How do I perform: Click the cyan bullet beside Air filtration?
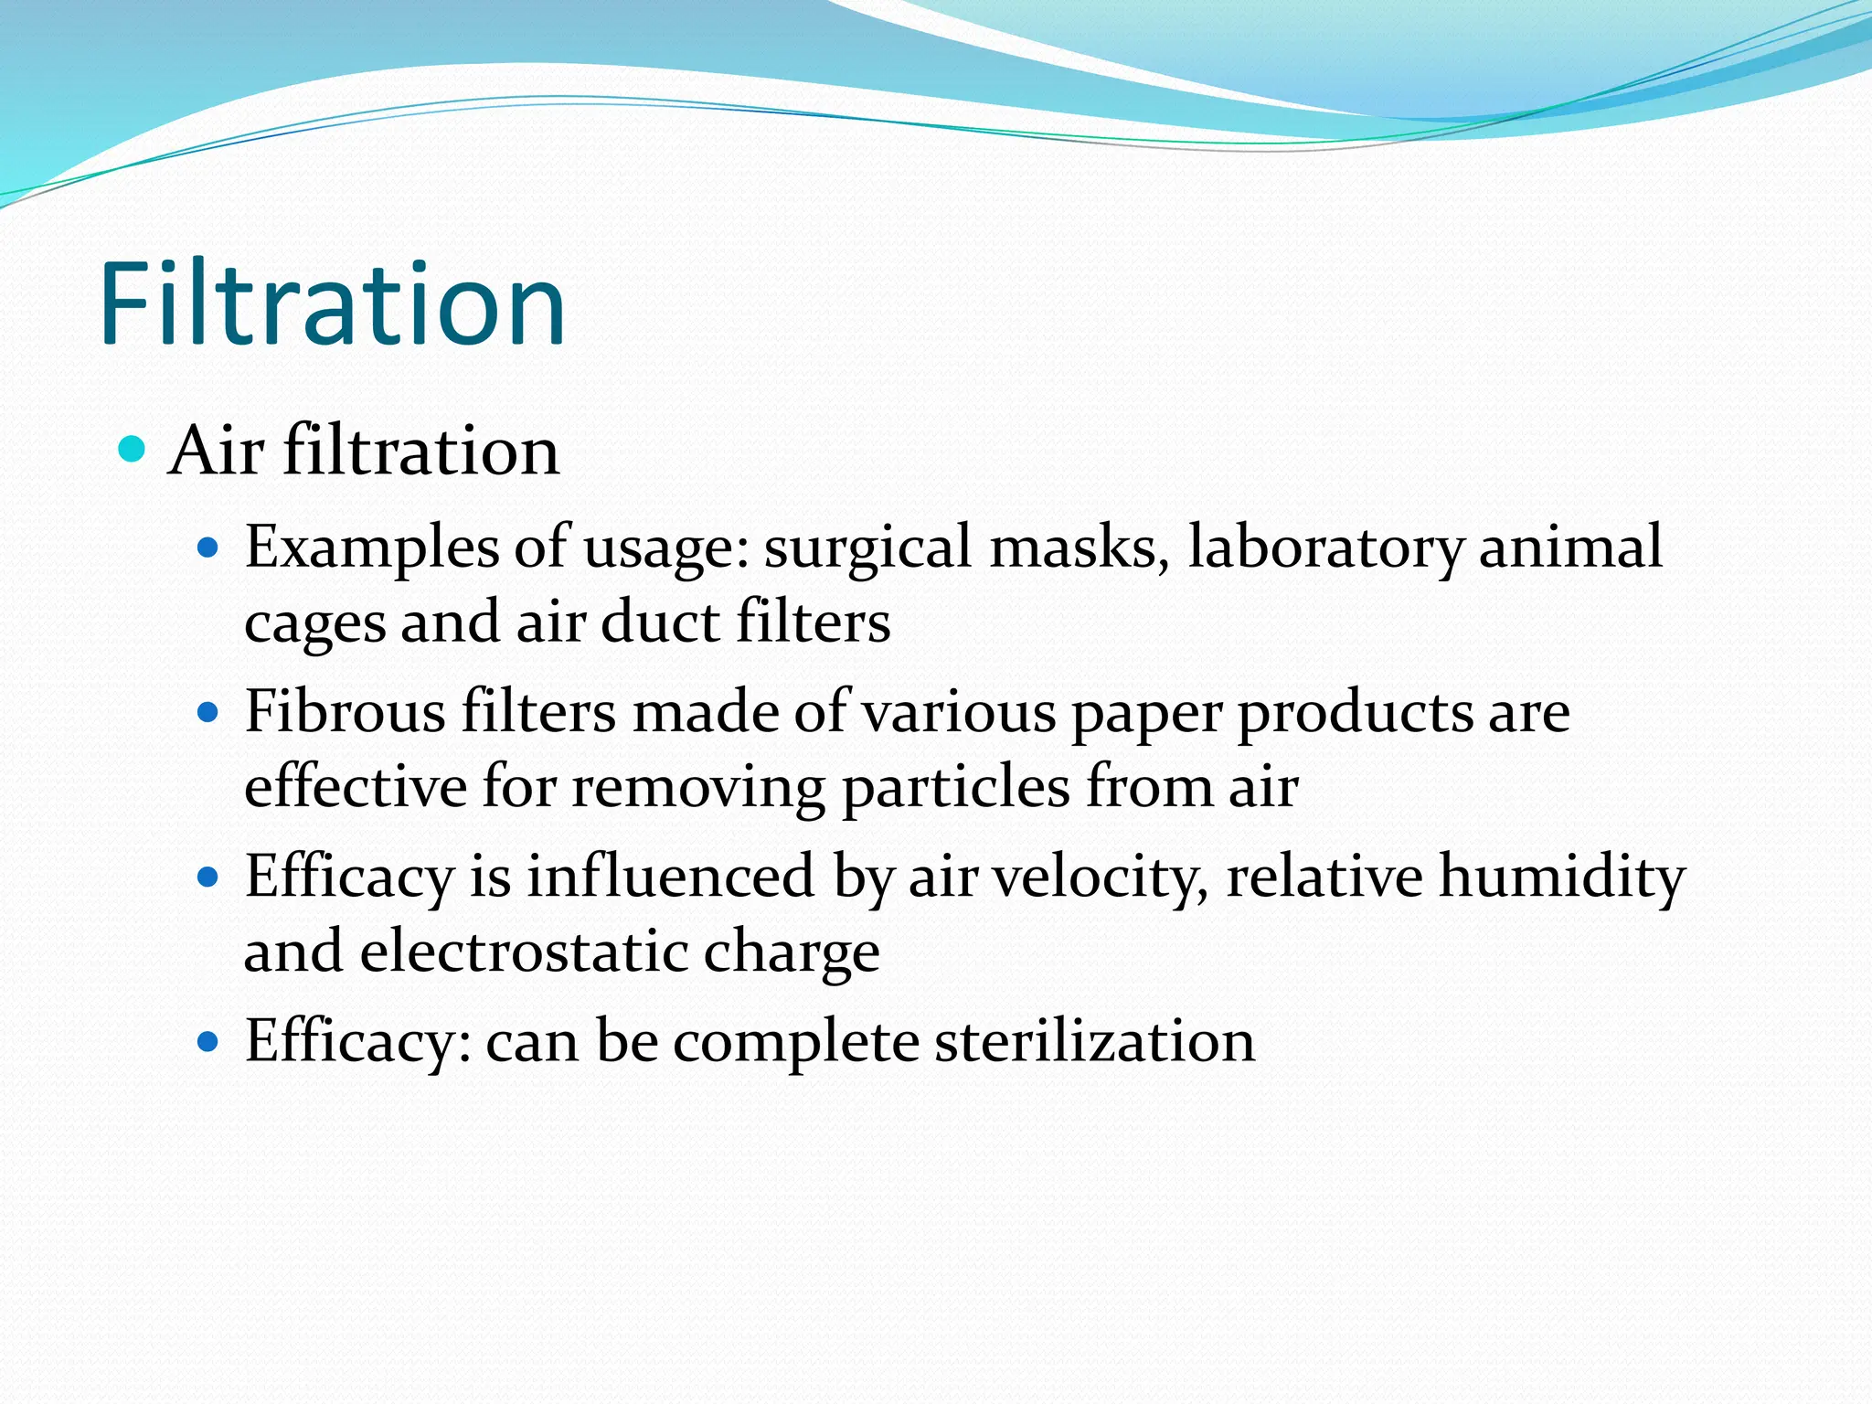(133, 449)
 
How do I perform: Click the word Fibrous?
(346, 711)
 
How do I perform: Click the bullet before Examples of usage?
(208, 548)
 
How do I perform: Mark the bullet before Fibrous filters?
(208, 712)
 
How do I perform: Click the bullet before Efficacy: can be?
(208, 1041)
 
